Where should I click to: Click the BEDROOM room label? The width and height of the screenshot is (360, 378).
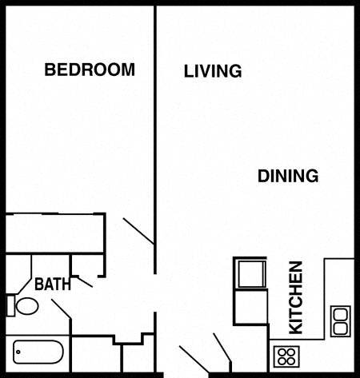tap(90, 70)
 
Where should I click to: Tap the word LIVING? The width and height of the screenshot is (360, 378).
tap(213, 71)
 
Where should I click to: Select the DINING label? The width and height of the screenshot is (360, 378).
tap(288, 176)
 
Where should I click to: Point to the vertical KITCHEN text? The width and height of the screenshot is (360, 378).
tap(296, 297)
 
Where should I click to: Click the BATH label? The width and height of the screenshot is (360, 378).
tap(53, 284)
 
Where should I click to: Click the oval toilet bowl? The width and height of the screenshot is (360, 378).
tap(27, 306)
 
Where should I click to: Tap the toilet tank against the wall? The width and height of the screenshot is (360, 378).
tap(10, 306)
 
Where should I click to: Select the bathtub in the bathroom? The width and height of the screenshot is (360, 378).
tap(38, 352)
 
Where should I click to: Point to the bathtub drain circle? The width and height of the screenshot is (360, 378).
tap(18, 352)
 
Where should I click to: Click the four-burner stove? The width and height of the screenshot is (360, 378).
tap(286, 356)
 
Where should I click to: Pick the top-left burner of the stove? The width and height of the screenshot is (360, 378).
tap(282, 352)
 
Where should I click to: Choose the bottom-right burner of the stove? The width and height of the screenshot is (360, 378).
tap(291, 361)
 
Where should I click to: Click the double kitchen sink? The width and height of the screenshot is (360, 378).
tap(341, 321)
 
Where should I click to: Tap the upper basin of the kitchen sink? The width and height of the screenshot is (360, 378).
tap(341, 314)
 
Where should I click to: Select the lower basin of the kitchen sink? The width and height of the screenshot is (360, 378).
tap(341, 328)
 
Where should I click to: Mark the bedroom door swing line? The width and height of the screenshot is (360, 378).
tap(138, 231)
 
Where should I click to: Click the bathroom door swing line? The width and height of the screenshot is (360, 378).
tap(61, 308)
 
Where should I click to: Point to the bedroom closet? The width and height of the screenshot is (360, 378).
tap(54, 233)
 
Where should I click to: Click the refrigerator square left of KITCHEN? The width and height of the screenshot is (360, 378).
tap(251, 274)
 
